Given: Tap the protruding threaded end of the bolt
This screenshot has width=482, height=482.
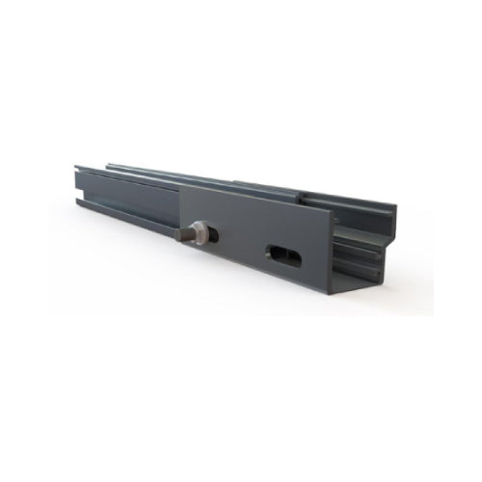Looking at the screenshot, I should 182,234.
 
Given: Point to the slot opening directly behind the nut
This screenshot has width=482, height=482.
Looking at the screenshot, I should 213,234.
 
